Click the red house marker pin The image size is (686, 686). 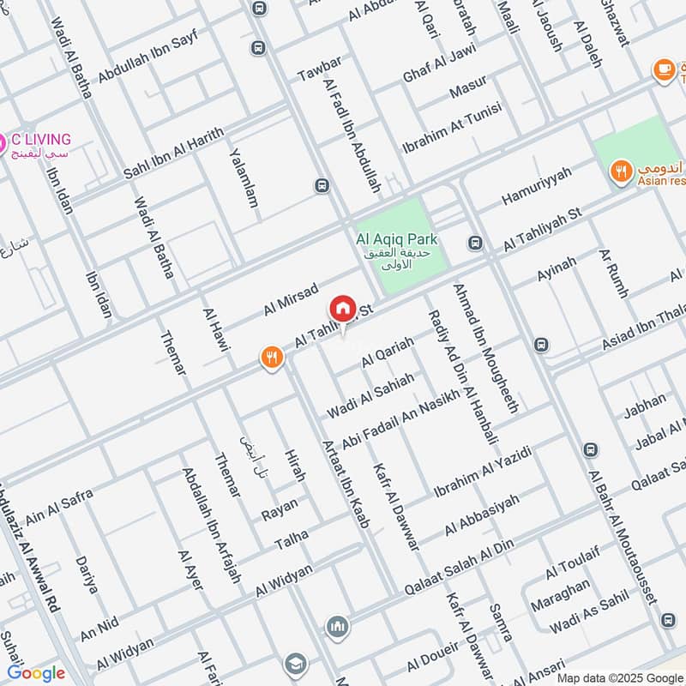tap(342, 310)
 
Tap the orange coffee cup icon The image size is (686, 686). tap(662, 69)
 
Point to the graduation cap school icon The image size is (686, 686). tap(295, 663)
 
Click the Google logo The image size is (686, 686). tap(35, 672)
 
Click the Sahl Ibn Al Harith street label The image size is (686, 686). tap(173, 153)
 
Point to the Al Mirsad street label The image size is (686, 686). tap(292, 298)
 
